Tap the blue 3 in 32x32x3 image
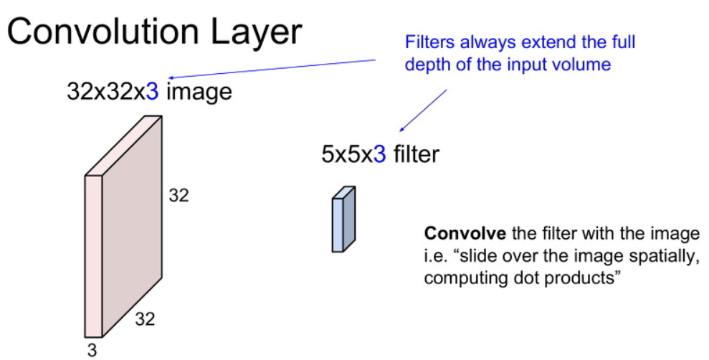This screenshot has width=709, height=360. pos(152,91)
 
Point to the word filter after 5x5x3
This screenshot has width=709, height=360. pos(416,154)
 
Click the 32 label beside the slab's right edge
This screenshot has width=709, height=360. pos(179,195)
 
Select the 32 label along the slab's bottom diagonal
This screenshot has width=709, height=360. pos(145,318)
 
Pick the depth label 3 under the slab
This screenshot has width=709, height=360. pos(92,349)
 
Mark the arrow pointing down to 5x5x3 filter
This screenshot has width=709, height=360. pos(423,111)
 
